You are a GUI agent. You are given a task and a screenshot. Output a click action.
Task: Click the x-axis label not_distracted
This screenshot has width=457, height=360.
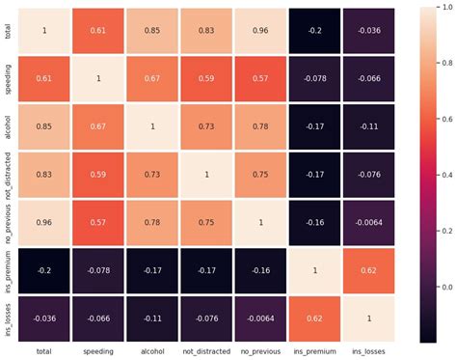click(x=206, y=351)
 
